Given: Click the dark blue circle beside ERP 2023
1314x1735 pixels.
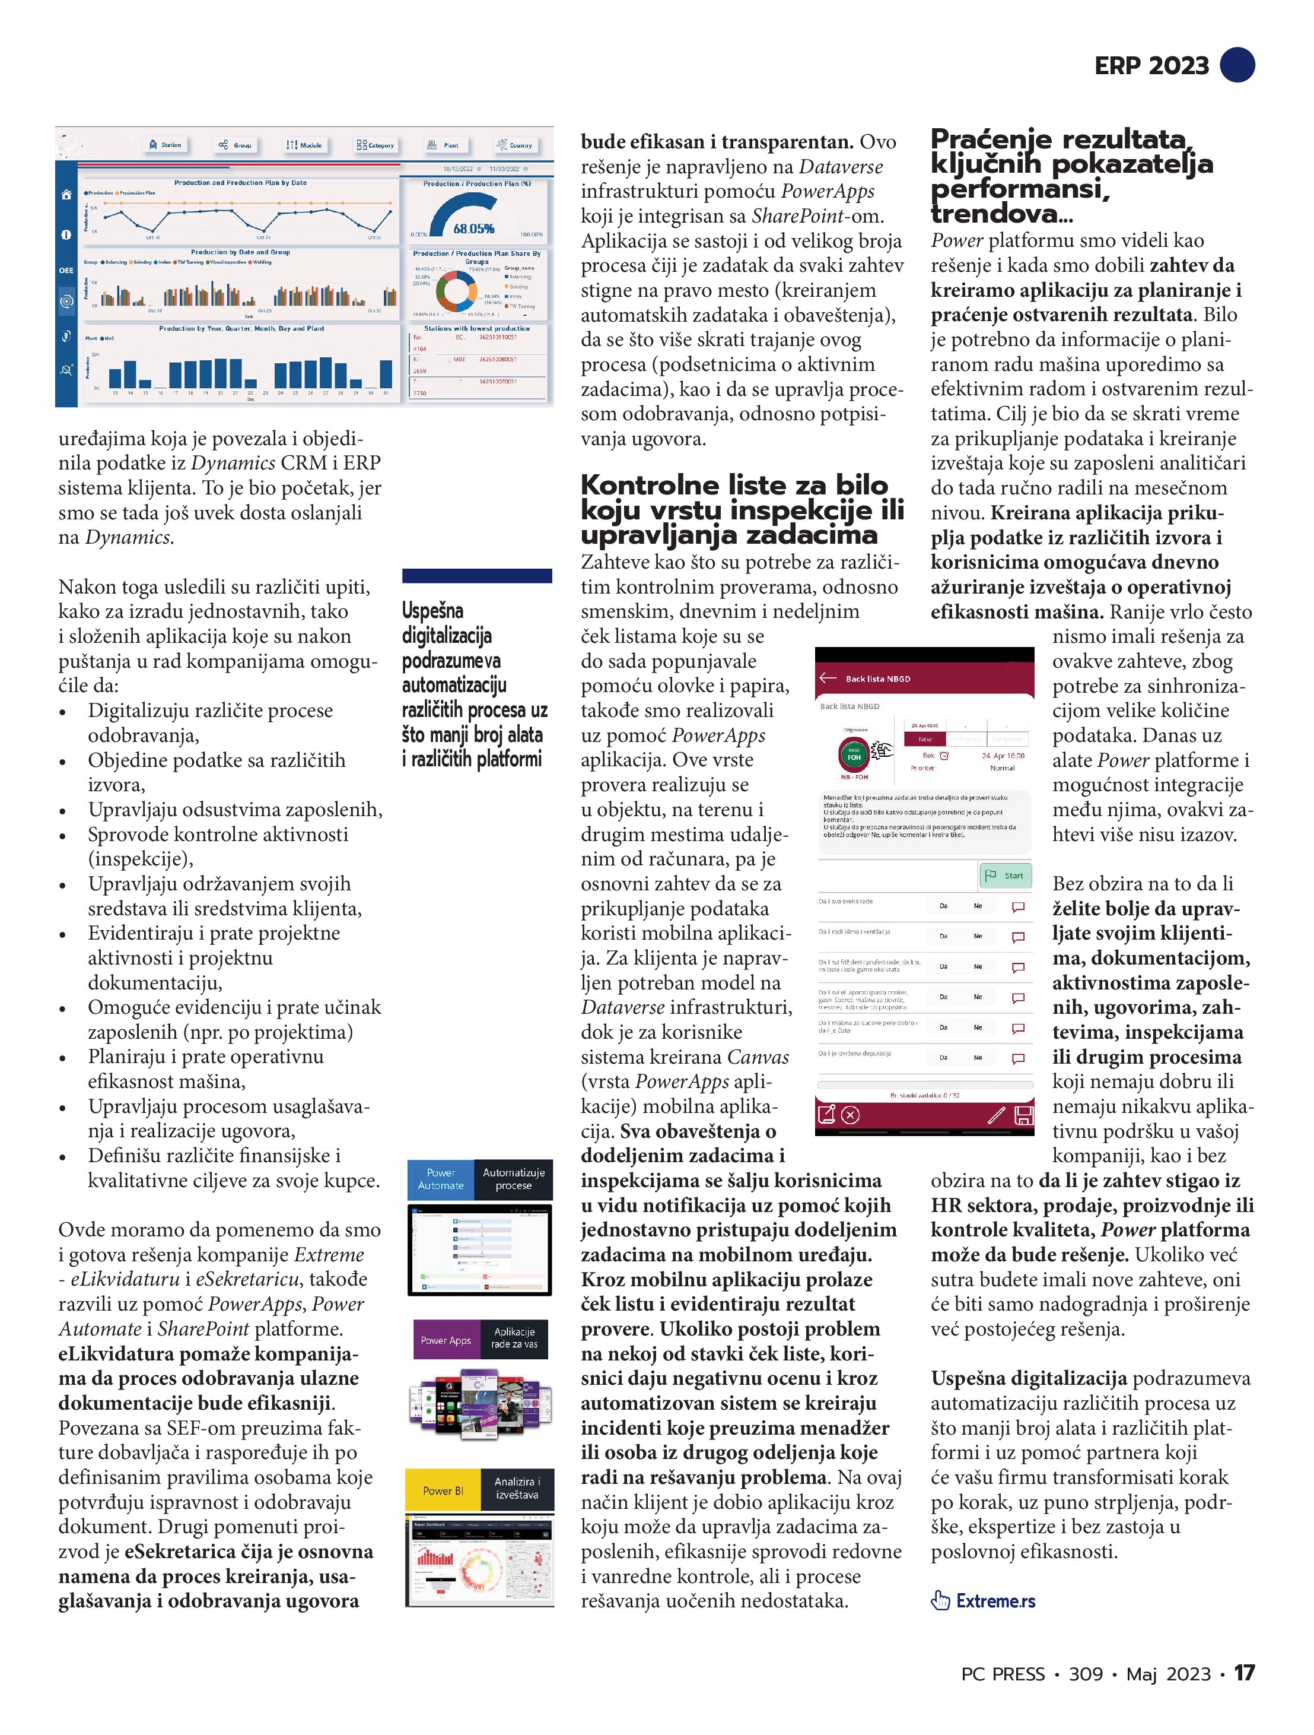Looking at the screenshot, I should tap(1238, 64).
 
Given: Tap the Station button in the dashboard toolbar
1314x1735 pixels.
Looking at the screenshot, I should tap(166, 145).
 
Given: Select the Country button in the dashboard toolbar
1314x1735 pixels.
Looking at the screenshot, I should tap(514, 145).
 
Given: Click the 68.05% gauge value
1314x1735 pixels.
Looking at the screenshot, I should tap(473, 229).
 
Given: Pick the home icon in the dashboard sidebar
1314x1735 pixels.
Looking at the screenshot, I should tap(66, 195).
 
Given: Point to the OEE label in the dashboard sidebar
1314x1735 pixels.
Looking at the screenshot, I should tap(66, 271).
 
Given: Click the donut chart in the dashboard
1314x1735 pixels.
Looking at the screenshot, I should tap(456, 291).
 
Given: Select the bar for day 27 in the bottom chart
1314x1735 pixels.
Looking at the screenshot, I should tap(325, 374).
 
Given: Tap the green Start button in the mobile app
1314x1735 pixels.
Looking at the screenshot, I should tap(1007, 876).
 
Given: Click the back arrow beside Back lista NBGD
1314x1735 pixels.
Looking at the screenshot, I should tap(828, 678).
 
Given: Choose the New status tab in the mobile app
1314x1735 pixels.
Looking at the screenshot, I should tap(925, 739).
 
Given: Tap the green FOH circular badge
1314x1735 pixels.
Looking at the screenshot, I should tap(854, 757).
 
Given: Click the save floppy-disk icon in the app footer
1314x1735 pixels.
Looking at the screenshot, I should tap(1023, 1115).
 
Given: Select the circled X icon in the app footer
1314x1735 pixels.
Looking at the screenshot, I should tap(851, 1115).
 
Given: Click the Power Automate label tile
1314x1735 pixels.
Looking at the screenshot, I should tap(441, 1179).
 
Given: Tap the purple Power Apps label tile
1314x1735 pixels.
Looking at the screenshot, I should tap(446, 1340).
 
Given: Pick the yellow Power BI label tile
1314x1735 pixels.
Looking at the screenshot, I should tap(443, 1490).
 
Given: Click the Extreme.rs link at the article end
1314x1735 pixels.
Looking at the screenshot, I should tap(995, 1601).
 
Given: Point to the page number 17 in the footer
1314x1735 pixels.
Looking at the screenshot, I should tap(1244, 1673).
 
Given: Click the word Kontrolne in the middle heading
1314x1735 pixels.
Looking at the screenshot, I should tap(649, 485).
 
